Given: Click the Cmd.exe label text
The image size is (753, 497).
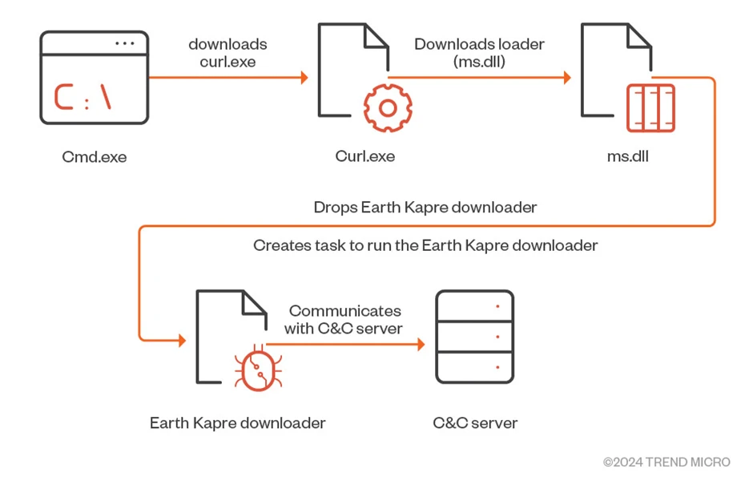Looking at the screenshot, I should [x=94, y=156].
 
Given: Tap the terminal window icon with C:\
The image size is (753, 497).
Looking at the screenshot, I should [x=94, y=78].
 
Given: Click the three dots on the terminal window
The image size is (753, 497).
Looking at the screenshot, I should [x=124, y=43].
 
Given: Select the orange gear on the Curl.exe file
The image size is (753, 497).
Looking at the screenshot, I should [x=388, y=107].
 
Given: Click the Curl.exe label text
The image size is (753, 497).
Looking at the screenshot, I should [x=364, y=156].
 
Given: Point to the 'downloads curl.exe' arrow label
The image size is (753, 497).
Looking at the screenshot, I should [x=228, y=53].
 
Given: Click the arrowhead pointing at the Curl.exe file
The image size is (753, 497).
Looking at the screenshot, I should [x=304, y=78].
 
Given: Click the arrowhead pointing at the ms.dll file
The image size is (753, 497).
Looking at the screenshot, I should [x=567, y=78].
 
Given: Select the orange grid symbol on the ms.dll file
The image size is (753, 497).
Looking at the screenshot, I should [x=650, y=107].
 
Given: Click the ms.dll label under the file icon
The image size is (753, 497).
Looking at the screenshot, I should [x=627, y=156].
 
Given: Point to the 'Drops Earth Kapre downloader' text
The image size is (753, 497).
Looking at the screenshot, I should [x=425, y=208].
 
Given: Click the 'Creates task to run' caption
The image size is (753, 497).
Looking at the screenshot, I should [x=425, y=245].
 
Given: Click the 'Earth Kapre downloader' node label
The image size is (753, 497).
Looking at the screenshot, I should [x=237, y=422].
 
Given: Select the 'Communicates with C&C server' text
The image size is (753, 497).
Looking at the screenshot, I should [x=344, y=319].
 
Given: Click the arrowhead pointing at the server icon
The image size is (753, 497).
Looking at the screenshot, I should [x=421, y=345].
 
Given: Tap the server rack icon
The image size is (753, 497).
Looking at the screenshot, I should [x=474, y=337].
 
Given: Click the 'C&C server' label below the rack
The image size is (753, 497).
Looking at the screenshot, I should [x=475, y=422].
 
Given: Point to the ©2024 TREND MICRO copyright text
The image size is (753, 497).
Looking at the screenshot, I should [x=666, y=463].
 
